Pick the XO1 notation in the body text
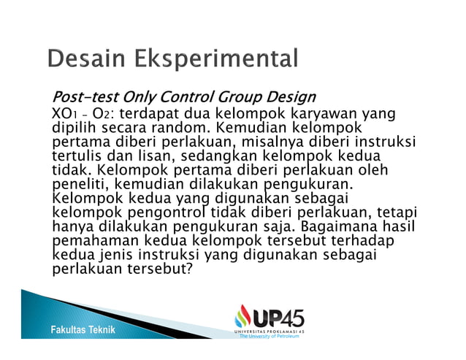(63, 114)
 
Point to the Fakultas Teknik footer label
(83, 331)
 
